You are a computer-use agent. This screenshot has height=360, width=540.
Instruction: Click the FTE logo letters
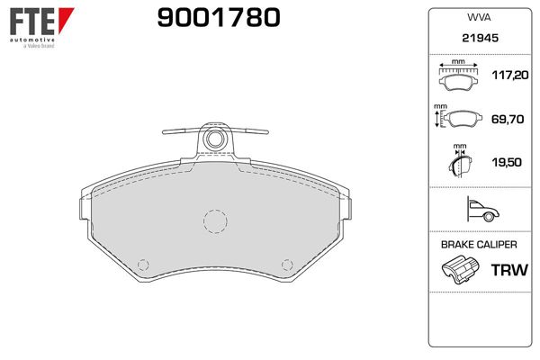pyautogui.click(x=32, y=22)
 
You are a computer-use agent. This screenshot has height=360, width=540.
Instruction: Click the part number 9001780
pyautogui.click(x=219, y=18)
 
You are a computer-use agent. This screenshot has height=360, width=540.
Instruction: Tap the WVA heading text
pyautogui.click(x=479, y=17)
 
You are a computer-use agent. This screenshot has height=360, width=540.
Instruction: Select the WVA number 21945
pyautogui.click(x=480, y=38)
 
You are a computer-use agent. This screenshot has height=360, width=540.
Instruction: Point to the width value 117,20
pyautogui.click(x=510, y=75)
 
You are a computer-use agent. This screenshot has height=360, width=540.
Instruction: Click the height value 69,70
pyautogui.click(x=508, y=119)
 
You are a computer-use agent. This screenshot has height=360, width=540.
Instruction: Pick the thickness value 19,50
pyautogui.click(x=507, y=162)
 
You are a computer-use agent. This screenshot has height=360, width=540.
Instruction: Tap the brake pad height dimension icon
pyautogui.click(x=458, y=117)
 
